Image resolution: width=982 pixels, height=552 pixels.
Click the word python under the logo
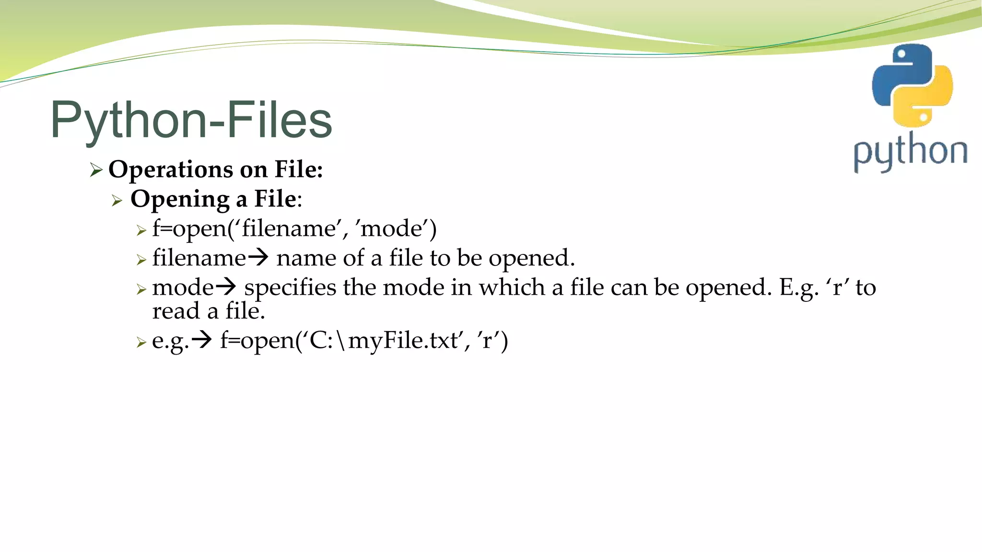click(910, 152)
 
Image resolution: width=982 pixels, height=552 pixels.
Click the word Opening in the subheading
click(180, 199)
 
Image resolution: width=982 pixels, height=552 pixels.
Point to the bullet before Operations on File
click(96, 170)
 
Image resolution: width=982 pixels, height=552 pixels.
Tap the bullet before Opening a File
click(117, 200)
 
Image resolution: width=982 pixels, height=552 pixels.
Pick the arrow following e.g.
click(201, 341)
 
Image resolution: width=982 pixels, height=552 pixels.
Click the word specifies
click(290, 288)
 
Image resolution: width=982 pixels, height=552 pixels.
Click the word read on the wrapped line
click(175, 311)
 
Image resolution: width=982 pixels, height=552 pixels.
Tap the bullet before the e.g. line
click(140, 342)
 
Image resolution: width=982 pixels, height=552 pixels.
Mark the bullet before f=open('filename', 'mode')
click(140, 230)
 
